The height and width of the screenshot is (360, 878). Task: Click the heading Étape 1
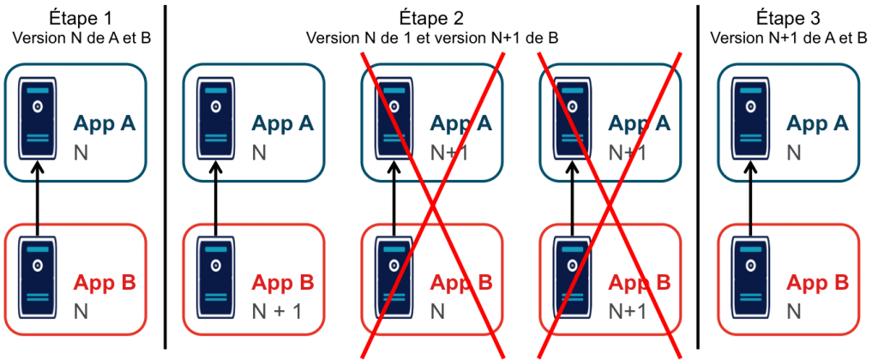click(x=81, y=17)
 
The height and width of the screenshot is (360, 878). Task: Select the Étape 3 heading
click(x=789, y=17)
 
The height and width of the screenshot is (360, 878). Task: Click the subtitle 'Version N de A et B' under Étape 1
click(x=81, y=39)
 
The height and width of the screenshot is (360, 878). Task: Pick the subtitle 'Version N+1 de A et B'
click(x=789, y=39)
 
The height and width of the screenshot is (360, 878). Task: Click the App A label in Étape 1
click(x=105, y=123)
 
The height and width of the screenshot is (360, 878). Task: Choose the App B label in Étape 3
click(x=818, y=282)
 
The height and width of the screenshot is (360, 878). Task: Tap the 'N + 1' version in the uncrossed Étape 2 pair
click(x=277, y=310)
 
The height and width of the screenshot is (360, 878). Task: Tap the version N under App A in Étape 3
click(x=793, y=152)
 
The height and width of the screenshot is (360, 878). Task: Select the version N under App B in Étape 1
click(x=81, y=310)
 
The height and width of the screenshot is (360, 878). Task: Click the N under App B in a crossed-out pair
click(x=436, y=310)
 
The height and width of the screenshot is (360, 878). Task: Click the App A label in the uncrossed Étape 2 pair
click(x=284, y=123)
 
